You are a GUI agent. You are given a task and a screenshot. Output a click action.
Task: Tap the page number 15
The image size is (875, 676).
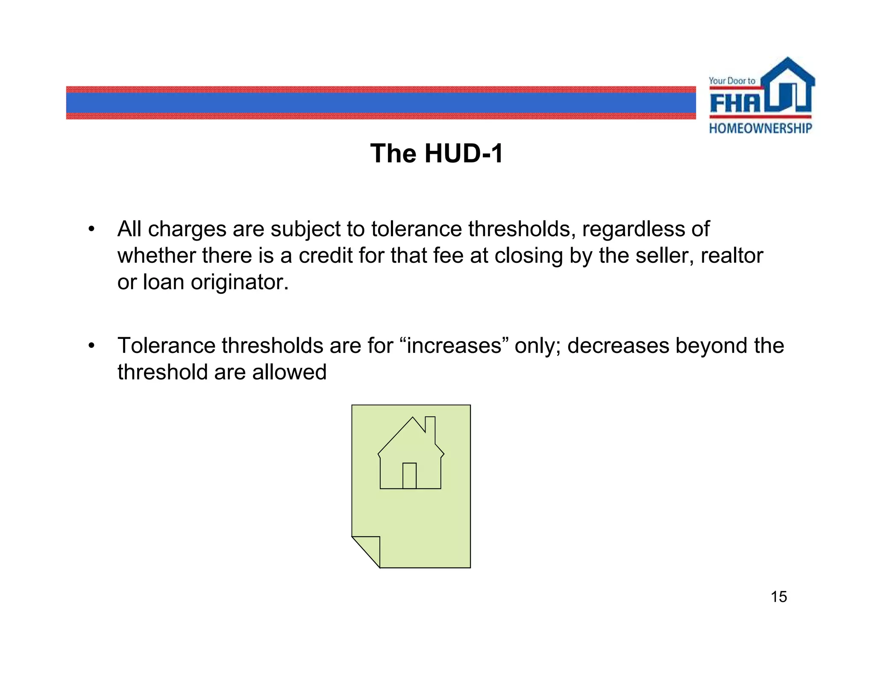[778, 597]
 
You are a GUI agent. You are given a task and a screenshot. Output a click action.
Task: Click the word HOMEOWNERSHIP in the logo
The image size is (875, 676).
[760, 128]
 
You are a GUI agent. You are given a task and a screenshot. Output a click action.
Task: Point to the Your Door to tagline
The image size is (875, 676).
[732, 81]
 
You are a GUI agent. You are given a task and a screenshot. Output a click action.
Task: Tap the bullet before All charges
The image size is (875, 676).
[91, 229]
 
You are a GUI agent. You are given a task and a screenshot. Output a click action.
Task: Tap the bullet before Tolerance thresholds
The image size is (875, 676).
[91, 345]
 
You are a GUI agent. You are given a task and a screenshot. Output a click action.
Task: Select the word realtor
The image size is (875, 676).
[731, 256]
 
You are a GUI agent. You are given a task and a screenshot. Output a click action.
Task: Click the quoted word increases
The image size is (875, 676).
[454, 345]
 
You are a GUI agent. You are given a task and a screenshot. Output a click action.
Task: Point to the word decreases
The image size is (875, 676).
[618, 345]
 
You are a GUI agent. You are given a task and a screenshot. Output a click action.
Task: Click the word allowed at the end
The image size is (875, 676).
[289, 372]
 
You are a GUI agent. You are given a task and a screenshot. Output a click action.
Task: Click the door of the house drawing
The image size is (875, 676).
[409, 476]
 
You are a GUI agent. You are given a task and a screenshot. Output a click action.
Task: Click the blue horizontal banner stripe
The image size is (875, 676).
[380, 103]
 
